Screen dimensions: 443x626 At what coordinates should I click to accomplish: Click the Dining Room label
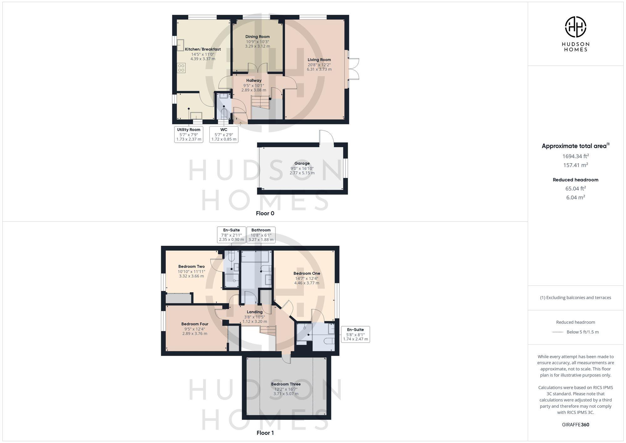coord(257,37)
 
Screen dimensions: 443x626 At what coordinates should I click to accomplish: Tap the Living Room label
coord(319,60)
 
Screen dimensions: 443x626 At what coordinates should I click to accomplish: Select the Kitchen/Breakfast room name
coord(203,49)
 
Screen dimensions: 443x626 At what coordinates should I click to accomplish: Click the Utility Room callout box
coord(189,134)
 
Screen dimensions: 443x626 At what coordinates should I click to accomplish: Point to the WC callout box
coord(224,134)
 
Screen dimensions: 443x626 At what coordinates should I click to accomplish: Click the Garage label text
coord(302,163)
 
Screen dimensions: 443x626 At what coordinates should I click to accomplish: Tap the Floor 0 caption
coord(265,214)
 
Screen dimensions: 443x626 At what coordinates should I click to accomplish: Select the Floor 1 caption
coord(265,433)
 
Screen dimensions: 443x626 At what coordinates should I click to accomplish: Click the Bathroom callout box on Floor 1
coord(261,235)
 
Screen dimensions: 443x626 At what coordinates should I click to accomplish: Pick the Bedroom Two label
coord(192,266)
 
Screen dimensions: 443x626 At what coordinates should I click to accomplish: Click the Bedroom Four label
coord(195,324)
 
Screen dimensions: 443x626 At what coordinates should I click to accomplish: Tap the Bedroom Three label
coord(286,384)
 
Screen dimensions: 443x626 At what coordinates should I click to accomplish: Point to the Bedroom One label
coord(307,273)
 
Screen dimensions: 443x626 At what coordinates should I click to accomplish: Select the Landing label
coord(254,312)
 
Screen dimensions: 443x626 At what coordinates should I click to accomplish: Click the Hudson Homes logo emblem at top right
coord(575,27)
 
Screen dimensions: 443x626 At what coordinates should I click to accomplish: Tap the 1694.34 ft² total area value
coord(575,156)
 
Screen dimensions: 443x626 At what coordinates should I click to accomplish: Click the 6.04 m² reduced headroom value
coord(575,197)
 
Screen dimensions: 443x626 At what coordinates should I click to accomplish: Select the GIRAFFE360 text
coord(575,425)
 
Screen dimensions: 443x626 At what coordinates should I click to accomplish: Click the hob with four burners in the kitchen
coord(181,68)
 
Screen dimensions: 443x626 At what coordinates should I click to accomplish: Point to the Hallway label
coord(254,80)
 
